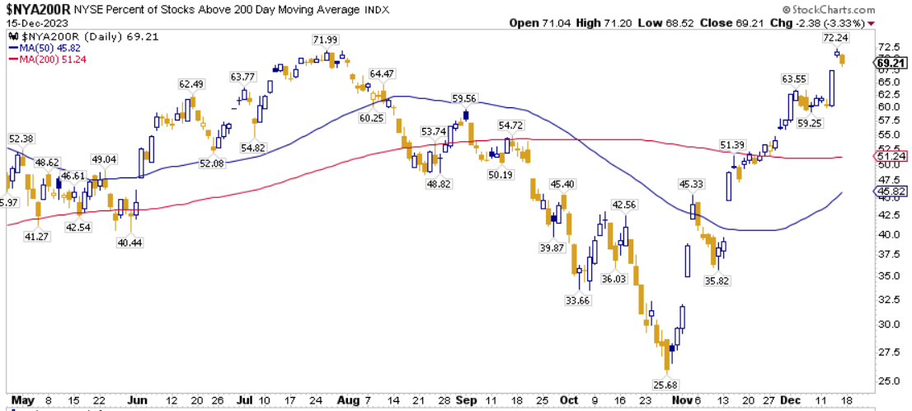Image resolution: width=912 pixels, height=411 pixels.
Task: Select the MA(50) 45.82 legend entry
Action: click(x=46, y=49)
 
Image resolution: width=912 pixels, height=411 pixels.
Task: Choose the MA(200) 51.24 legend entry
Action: click(x=48, y=59)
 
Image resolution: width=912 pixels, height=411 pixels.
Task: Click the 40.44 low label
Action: click(x=129, y=243)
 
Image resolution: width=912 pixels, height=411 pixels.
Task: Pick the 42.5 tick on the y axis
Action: click(x=888, y=215)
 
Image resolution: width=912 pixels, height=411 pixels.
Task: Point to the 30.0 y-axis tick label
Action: click(x=888, y=324)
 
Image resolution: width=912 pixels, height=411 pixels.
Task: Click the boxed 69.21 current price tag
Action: click(x=891, y=63)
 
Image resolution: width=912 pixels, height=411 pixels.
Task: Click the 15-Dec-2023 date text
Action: click(x=32, y=22)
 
